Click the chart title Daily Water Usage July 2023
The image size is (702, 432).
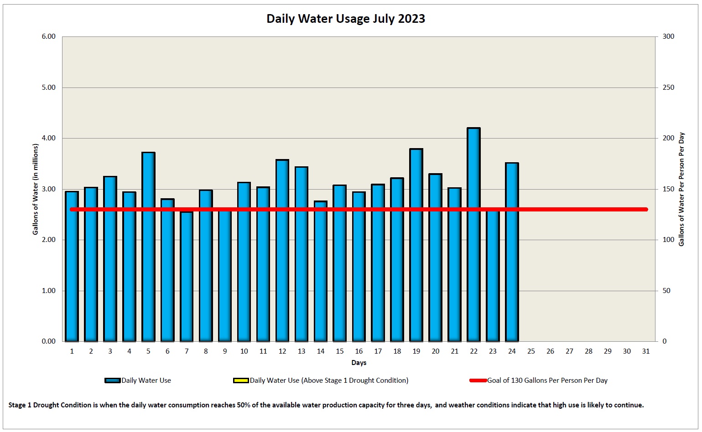(346, 19)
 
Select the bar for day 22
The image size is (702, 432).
(473, 235)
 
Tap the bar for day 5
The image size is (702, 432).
(148, 247)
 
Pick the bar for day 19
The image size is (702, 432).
(416, 245)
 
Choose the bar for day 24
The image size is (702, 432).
(512, 252)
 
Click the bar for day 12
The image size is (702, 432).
(282, 250)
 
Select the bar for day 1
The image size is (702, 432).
(72, 266)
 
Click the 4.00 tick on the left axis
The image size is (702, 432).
(48, 138)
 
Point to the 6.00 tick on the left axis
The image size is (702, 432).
(48, 36)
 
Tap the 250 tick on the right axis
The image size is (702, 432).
(668, 87)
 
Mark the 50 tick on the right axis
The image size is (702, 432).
(666, 291)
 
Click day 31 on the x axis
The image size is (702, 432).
(646, 351)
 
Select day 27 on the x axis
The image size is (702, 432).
(569, 351)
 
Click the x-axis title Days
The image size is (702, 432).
(359, 363)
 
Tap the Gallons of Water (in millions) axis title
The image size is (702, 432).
(36, 189)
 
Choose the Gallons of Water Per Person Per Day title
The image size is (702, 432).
(681, 189)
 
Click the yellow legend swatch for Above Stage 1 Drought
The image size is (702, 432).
(240, 381)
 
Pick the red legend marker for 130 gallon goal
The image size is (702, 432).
(478, 381)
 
